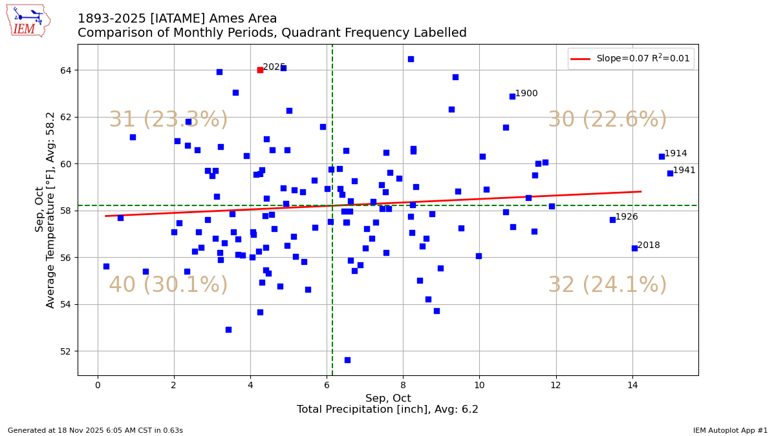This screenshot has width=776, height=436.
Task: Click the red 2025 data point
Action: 260,70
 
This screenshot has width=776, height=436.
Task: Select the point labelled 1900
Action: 512,96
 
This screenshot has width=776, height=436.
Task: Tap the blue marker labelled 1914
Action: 662,156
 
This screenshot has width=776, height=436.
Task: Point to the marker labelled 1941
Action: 670,173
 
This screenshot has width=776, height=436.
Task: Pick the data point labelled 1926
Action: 612,220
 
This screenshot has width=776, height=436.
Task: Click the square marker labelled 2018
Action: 634,248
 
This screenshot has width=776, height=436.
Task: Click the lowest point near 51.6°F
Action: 347,360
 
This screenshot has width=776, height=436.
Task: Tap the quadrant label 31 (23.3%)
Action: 168,120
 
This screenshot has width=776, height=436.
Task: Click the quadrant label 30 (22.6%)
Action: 607,120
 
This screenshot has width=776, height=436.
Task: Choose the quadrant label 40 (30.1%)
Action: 168,285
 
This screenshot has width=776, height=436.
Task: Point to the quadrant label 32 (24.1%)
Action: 607,285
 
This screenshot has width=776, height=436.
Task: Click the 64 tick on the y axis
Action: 67,70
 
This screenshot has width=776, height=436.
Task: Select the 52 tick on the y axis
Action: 67,351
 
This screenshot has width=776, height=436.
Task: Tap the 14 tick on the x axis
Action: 632,386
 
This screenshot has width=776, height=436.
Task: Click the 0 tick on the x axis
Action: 98,386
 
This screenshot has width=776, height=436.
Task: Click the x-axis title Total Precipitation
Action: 387,410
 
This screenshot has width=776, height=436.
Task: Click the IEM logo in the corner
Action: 28,20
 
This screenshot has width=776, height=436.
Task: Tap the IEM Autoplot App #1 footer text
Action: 730,430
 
